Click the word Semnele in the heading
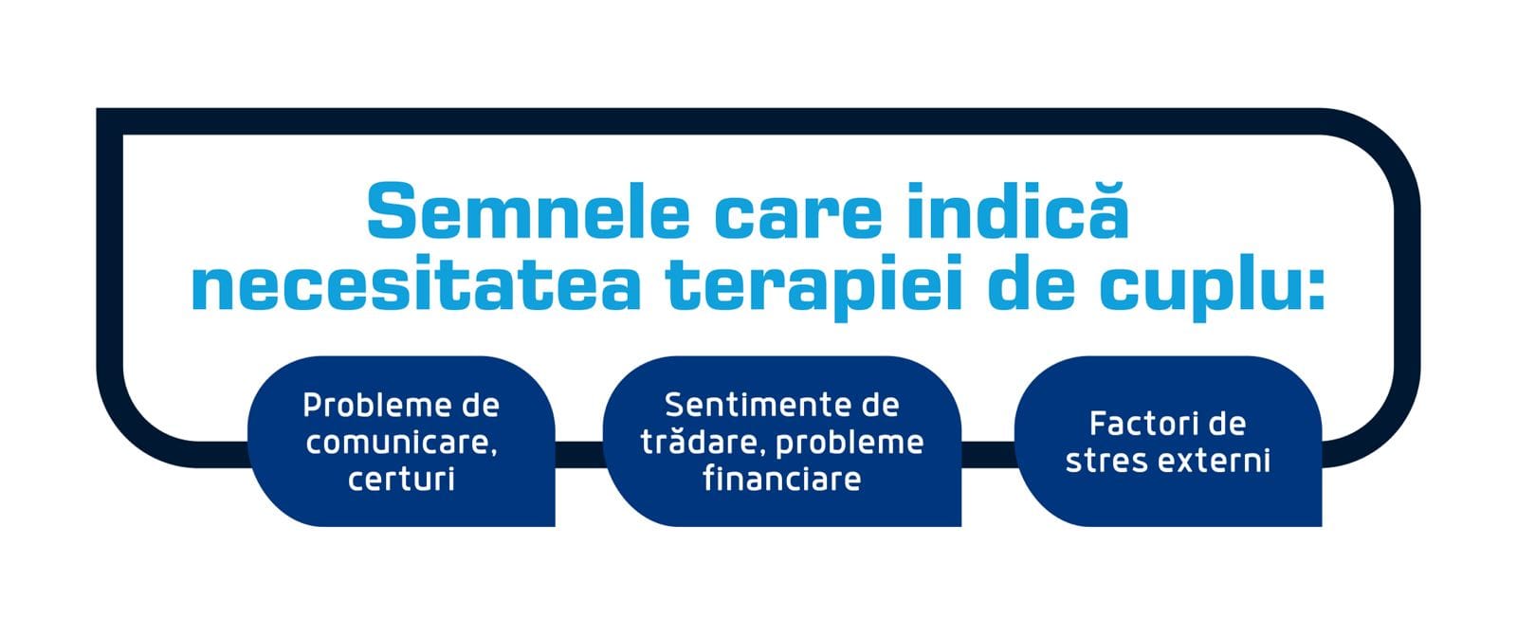528,210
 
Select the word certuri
401,480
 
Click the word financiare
781,480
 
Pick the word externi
1215,461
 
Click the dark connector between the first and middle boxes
579,454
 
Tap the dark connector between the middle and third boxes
988,454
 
